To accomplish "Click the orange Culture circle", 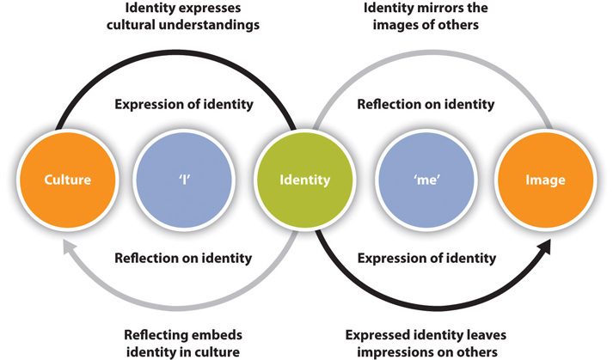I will pos(68,180).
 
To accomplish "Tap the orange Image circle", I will pos(545,180).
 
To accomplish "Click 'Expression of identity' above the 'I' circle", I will pos(183,105).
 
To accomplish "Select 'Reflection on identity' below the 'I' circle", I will pos(183,257).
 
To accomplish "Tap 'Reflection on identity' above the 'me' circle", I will pos(426,105).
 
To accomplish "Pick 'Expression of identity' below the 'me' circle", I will pos(426,257).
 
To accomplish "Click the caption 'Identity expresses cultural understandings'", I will pos(185,18).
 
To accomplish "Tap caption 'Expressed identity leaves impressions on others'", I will pos(426,341).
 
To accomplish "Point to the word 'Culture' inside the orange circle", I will pos(68,180).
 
